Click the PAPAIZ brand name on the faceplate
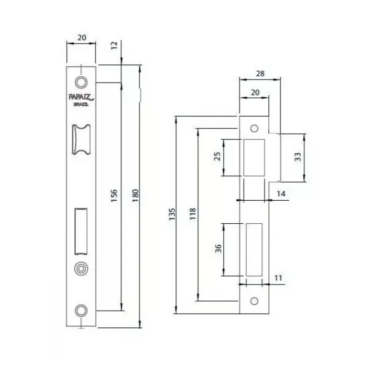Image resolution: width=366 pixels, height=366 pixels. (x=81, y=97)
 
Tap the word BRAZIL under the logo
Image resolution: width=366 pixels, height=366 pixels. (x=81, y=105)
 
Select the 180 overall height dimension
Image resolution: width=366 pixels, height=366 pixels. (x=135, y=196)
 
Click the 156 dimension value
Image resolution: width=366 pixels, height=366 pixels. (x=114, y=196)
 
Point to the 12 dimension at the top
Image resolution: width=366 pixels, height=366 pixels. (x=114, y=45)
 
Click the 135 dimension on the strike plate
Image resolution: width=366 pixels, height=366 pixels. (x=172, y=214)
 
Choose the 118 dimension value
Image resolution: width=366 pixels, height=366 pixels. (x=192, y=214)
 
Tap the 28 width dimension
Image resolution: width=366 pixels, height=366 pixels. (x=260, y=74)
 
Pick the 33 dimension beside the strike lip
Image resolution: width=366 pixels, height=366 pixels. (x=298, y=157)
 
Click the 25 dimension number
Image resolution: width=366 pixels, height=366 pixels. (x=218, y=156)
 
